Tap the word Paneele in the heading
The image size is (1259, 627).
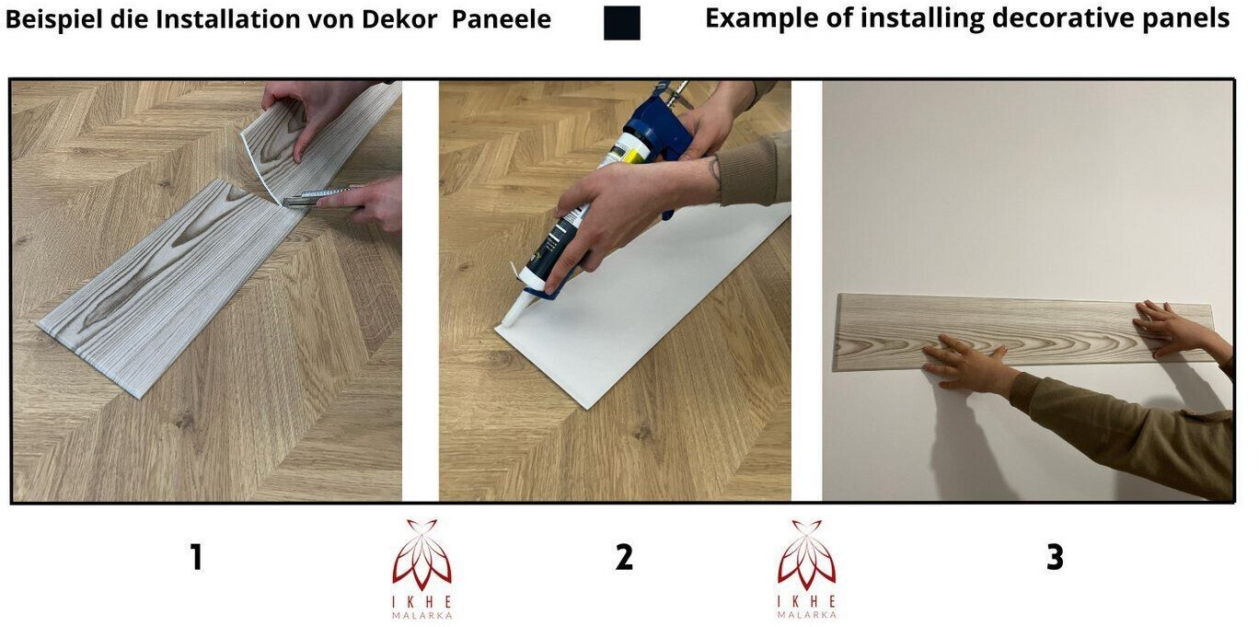coord(502,19)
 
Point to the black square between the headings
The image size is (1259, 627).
coord(621,23)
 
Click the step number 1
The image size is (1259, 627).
coord(196,557)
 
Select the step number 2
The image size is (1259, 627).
coord(624,557)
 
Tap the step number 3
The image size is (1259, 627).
coord(1055,557)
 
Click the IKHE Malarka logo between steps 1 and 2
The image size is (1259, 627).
coord(422,568)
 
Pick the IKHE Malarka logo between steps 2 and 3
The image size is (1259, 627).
coord(807,568)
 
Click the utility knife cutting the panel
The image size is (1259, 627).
coord(315,197)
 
